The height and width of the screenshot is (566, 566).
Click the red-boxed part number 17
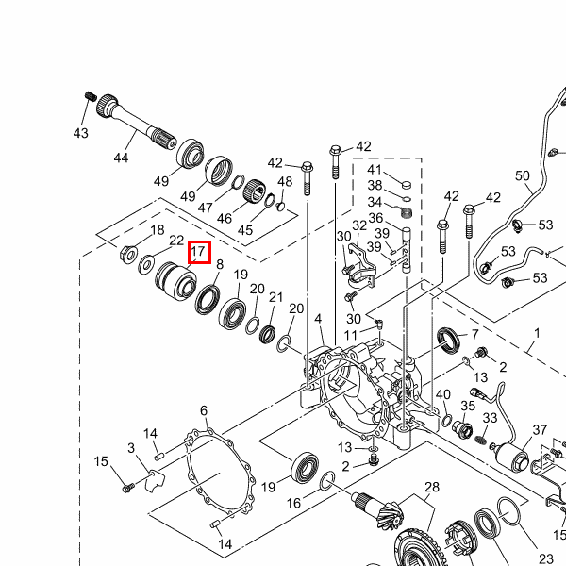[x=198, y=253]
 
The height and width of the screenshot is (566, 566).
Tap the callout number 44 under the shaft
[x=121, y=158]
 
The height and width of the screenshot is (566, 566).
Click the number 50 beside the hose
[x=523, y=176]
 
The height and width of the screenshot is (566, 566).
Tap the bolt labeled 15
[x=128, y=487]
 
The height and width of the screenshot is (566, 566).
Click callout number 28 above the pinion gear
[x=432, y=487]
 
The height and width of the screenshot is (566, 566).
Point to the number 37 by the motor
[x=540, y=430]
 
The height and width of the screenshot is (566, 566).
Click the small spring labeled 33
[x=483, y=439]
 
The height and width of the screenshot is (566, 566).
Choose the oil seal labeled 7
[x=449, y=341]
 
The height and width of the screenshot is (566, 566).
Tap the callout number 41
[x=375, y=170]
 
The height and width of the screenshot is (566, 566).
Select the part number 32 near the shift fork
[x=359, y=226]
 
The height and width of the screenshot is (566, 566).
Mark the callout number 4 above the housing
[x=319, y=319]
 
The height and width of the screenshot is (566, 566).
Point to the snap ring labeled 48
[x=280, y=199]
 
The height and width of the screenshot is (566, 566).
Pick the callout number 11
[x=351, y=335]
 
